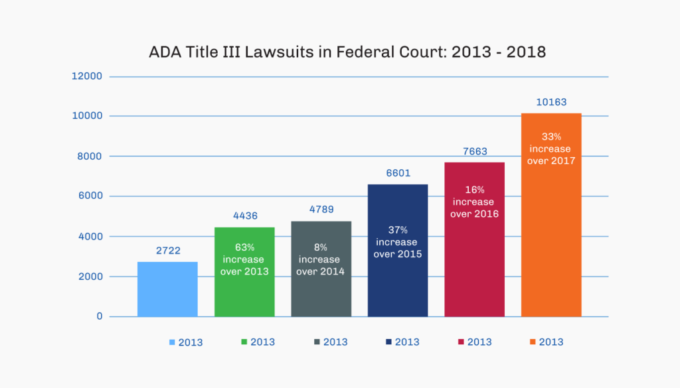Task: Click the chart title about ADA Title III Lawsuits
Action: (347, 52)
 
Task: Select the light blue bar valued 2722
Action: (167, 289)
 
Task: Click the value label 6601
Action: (398, 172)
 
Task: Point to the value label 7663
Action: (474, 151)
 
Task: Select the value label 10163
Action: (551, 102)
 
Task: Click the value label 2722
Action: (167, 251)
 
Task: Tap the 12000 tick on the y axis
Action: (86, 76)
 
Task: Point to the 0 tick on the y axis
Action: (99, 316)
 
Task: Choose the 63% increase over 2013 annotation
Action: (244, 259)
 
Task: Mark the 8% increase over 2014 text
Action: (321, 259)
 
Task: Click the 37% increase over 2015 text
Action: (398, 242)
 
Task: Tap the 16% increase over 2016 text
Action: (474, 202)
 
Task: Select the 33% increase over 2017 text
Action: (551, 149)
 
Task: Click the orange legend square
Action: (533, 342)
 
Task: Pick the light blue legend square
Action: (172, 342)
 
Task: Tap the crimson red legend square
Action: (461, 342)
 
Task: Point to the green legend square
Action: (244, 342)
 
